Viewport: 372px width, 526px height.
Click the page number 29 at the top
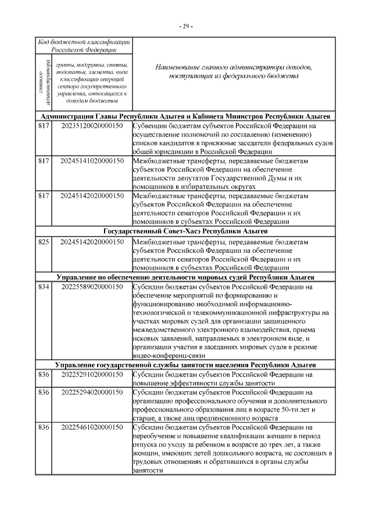coord(186,27)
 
